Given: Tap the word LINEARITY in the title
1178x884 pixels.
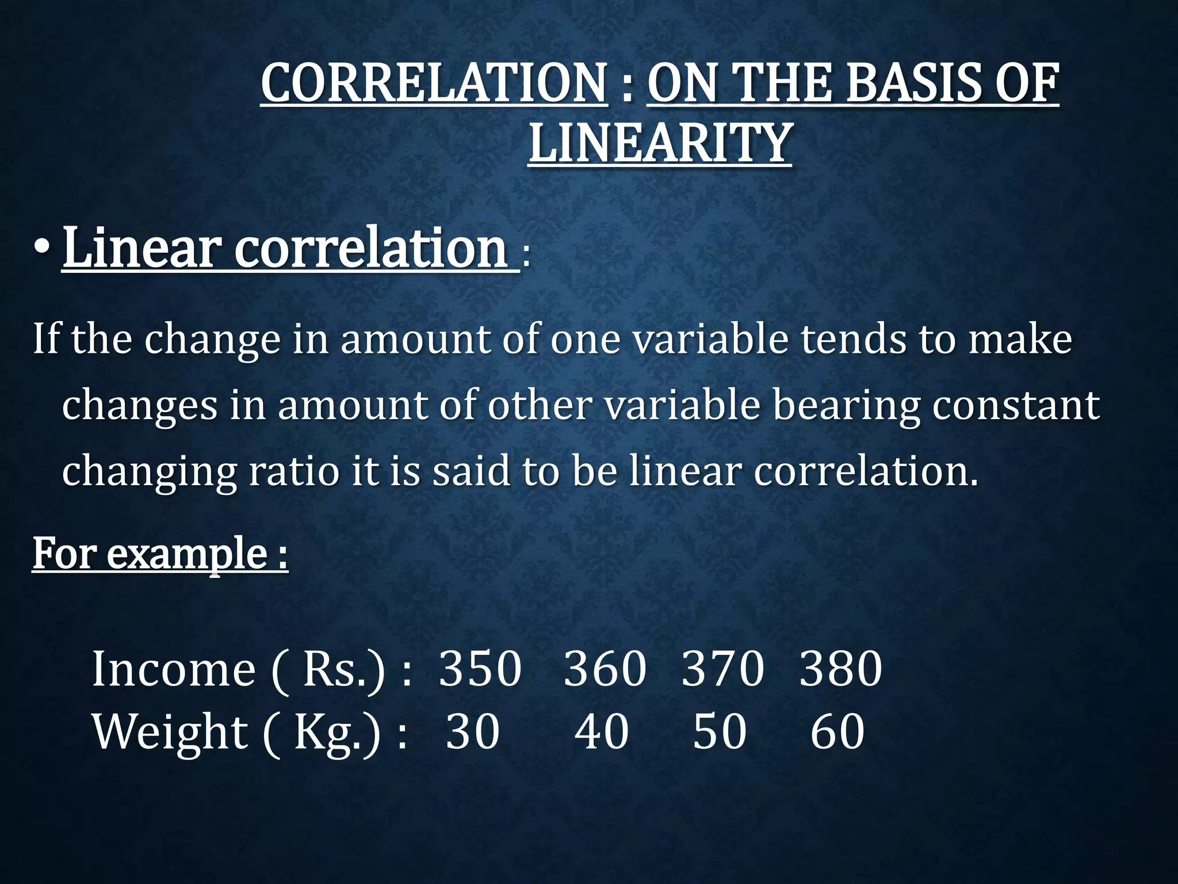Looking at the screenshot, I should (660, 143).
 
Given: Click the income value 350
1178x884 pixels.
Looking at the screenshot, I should (480, 669).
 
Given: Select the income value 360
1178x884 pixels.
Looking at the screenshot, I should (605, 669).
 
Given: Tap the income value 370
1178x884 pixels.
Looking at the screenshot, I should (722, 669).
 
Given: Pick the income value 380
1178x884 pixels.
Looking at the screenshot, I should (840, 669).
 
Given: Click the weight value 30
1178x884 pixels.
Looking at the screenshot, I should (472, 732).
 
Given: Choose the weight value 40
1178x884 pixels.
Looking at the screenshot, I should (602, 732).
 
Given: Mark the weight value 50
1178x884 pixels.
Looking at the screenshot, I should (720, 732).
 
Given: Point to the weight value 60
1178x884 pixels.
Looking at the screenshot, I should (837, 732).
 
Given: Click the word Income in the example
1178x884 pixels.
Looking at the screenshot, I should (173, 669).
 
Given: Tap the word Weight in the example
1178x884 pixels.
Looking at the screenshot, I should (170, 733).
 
